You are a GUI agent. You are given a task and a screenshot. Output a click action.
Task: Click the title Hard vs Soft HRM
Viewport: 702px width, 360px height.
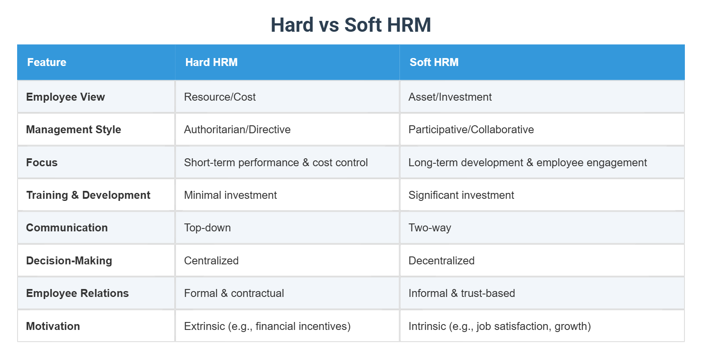(351, 25)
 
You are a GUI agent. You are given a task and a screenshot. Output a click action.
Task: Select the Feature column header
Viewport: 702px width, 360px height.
(47, 62)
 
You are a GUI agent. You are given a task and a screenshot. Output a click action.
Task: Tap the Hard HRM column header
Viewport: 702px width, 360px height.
(211, 62)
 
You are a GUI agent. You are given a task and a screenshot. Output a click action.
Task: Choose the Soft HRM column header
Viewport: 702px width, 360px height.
(434, 62)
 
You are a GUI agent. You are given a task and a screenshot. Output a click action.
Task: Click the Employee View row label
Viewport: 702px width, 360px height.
(66, 97)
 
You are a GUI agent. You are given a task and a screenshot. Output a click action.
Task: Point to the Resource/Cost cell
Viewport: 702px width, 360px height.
(220, 97)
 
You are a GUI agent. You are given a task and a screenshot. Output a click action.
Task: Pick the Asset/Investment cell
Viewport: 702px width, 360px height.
(450, 97)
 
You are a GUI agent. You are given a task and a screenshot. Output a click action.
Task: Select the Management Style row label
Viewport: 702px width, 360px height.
(74, 129)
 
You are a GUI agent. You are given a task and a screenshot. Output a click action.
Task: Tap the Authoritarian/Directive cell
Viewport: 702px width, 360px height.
(237, 129)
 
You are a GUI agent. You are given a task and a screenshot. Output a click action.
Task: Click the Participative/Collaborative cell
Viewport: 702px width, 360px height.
(471, 129)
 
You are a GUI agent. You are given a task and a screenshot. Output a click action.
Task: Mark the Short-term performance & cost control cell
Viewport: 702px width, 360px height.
(276, 162)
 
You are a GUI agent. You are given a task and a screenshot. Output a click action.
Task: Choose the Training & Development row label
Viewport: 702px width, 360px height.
(88, 195)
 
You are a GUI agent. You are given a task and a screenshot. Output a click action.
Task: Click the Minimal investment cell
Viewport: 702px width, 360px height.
(230, 195)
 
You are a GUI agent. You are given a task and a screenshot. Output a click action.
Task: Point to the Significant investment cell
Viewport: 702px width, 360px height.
(461, 195)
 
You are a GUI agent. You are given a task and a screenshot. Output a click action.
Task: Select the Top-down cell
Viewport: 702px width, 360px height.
(207, 228)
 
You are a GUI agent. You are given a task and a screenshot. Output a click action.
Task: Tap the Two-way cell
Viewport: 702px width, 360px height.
(430, 228)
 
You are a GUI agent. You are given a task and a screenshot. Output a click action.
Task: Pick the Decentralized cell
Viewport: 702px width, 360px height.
(441, 261)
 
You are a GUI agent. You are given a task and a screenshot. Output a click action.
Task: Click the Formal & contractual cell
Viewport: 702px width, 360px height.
(234, 293)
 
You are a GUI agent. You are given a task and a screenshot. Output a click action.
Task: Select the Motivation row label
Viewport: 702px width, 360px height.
(53, 326)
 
